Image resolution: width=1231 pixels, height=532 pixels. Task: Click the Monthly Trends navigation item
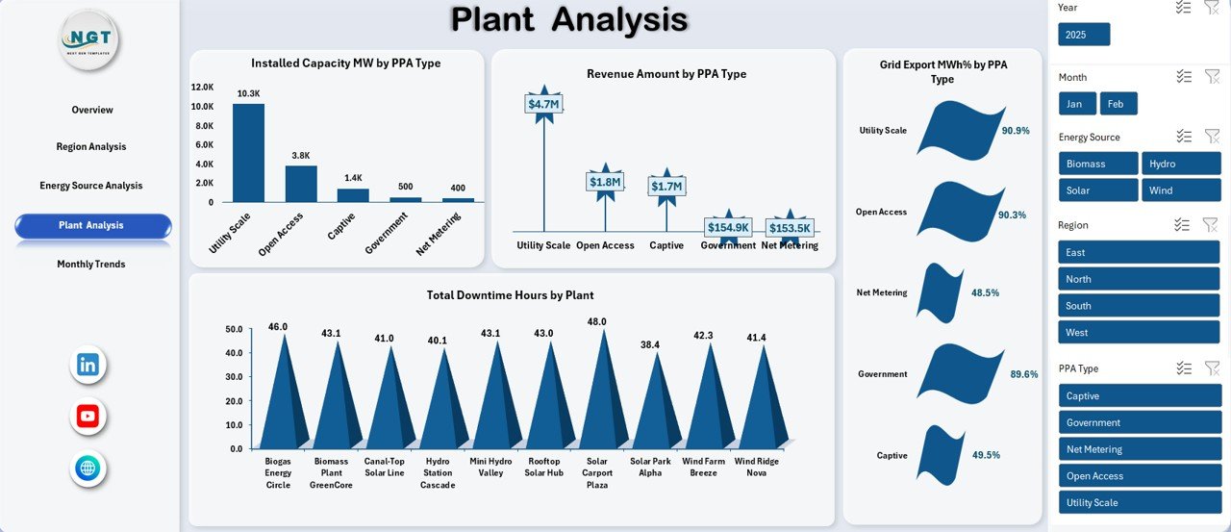coord(91,265)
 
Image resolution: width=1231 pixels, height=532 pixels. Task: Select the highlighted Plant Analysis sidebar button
coord(93,225)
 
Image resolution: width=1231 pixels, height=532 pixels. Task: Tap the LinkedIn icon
coord(88,365)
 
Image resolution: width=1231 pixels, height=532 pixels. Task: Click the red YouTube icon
coord(88,417)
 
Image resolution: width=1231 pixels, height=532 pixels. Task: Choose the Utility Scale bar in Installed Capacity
coord(248,153)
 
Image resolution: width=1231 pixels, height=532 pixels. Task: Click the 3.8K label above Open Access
coord(301,155)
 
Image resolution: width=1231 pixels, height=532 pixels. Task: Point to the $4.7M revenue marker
coord(543,104)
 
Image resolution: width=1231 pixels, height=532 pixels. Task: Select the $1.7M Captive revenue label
coord(666,186)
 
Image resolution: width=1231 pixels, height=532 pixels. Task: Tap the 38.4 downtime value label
coord(650,344)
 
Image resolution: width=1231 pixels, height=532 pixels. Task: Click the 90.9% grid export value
coord(1015,131)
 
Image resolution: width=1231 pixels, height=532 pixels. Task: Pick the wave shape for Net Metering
coord(940,292)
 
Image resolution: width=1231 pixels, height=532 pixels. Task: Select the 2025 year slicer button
coord(1084,35)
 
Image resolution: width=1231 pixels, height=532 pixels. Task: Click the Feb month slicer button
coord(1118,104)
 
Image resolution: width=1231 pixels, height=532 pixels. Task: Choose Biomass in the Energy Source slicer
coord(1097,164)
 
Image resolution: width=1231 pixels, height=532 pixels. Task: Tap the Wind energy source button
coord(1180,190)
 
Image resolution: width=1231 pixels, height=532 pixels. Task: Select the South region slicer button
coord(1139,306)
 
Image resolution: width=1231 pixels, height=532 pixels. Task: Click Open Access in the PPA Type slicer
coord(1139,476)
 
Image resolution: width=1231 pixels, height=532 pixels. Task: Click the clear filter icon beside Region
coord(1211,225)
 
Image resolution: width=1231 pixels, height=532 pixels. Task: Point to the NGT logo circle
coord(89,39)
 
